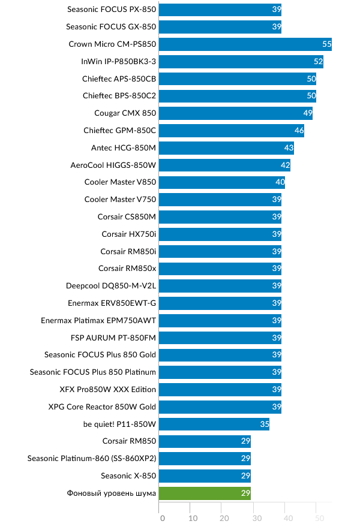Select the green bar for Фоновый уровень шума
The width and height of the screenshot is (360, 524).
205,493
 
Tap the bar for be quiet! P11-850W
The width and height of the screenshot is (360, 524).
214,424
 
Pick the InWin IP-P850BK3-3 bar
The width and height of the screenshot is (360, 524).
241,61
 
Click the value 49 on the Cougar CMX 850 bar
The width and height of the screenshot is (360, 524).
308,113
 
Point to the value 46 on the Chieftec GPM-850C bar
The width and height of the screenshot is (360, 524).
299,131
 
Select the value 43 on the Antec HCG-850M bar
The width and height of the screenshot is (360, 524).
289,148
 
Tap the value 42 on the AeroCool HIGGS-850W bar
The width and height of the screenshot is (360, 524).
286,165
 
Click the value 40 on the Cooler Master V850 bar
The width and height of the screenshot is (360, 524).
280,182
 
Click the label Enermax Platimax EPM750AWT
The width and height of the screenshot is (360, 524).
98,320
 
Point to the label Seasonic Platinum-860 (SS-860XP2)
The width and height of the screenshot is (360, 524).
92,459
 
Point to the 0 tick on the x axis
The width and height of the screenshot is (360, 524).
162,517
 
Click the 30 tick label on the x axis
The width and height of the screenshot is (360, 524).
256,517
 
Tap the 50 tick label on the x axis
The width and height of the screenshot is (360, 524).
319,517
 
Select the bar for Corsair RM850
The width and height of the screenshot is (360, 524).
205,441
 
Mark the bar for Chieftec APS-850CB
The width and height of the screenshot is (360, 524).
238,79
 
